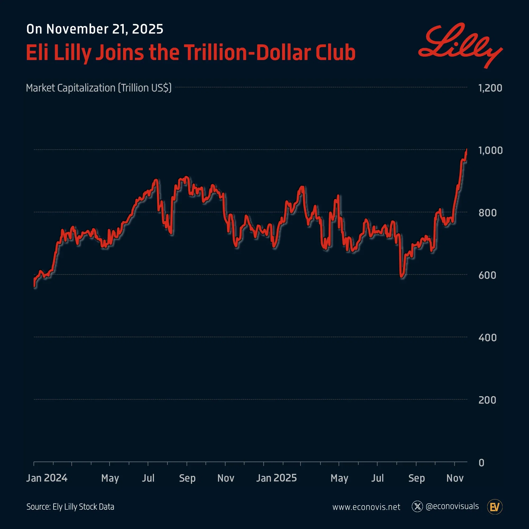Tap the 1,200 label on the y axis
point(490,88)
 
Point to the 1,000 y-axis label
point(490,150)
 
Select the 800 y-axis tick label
point(487,213)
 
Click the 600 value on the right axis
point(487,275)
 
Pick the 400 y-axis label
point(487,338)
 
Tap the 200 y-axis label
point(487,400)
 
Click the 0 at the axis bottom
point(481,463)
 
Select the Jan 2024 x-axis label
point(47,478)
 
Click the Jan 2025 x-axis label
point(277,478)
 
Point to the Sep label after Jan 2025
point(417,478)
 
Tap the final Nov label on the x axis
point(455,478)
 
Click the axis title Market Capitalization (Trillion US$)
point(99,88)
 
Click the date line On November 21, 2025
point(95,29)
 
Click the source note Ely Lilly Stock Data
point(70,507)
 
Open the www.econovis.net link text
point(366,507)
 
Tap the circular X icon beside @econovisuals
point(417,507)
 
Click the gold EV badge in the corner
point(495,507)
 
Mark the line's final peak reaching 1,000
point(467,150)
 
